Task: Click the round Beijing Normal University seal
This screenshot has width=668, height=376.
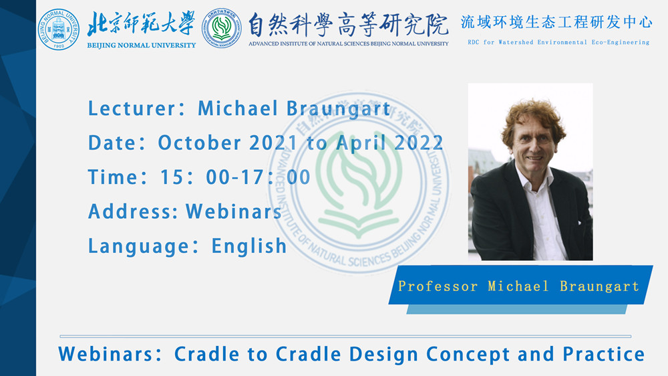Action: click(58, 29)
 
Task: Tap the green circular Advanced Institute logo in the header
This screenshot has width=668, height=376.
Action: click(222, 27)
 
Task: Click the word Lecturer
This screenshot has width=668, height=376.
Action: click(132, 108)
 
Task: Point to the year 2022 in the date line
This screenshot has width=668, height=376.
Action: click(418, 143)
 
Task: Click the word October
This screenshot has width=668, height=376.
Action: click(199, 143)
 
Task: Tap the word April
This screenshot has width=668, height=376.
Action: click(361, 143)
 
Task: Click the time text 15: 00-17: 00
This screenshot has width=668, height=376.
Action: click(235, 177)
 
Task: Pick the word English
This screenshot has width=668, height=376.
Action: click(248, 246)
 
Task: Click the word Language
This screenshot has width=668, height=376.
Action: click(139, 247)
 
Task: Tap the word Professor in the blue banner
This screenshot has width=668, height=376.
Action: click(438, 286)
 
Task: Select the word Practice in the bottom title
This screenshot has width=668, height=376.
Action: click(604, 354)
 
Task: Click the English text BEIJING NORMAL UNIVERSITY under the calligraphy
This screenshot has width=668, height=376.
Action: click(142, 45)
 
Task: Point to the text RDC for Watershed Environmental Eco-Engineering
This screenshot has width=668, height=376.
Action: click(558, 42)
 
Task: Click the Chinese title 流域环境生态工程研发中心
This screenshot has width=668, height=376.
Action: click(556, 22)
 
